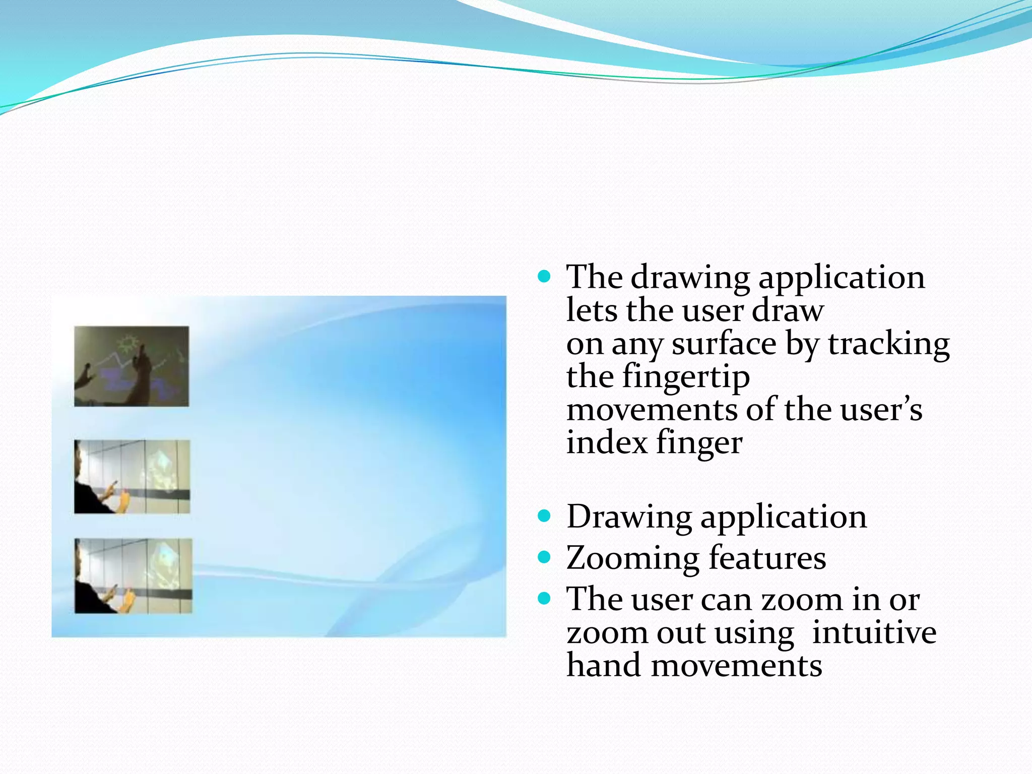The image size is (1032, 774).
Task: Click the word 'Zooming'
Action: pos(632,558)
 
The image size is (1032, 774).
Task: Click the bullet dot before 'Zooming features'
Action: pos(544,557)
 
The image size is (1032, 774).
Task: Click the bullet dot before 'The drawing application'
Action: pos(544,277)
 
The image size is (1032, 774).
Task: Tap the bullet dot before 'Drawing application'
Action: pos(544,516)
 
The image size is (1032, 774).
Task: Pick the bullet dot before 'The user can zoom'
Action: pos(544,599)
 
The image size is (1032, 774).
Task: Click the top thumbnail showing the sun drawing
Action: pos(132,366)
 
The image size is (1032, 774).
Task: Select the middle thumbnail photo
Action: pos(132,477)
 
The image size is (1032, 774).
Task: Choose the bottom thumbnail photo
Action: pos(133,576)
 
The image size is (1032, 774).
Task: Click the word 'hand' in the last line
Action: pos(604,665)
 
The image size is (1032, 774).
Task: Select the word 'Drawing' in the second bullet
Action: pos(629,517)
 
